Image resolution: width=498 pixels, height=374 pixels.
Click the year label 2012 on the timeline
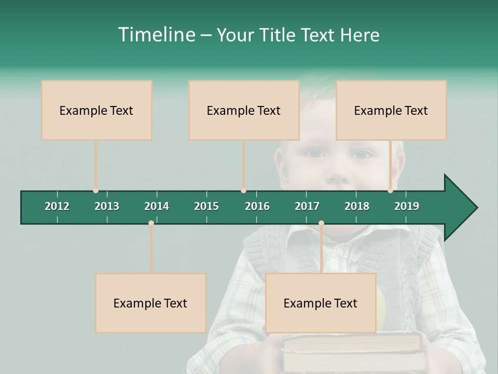(x=57, y=206)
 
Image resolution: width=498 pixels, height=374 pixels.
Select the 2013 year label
(x=107, y=206)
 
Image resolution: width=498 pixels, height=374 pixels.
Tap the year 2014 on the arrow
(x=157, y=206)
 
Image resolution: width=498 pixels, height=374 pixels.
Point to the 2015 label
(x=206, y=206)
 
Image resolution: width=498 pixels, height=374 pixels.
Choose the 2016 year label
(x=257, y=206)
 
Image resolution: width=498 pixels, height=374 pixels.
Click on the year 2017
(x=307, y=206)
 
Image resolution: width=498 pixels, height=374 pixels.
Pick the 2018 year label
(x=357, y=206)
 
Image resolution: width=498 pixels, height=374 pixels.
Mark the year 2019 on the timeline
(x=407, y=206)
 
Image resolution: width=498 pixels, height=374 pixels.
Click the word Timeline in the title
(x=156, y=35)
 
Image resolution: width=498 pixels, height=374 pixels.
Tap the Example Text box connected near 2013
(x=96, y=110)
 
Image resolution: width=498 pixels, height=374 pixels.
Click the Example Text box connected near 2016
(x=244, y=110)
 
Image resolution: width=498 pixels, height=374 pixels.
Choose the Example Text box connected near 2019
(x=391, y=110)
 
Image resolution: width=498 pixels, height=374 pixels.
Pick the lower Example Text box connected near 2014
(x=150, y=303)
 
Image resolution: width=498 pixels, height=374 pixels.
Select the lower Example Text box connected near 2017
(x=321, y=303)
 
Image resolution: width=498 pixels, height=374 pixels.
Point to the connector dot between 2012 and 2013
(x=95, y=191)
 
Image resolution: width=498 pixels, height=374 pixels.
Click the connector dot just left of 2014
(x=151, y=223)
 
